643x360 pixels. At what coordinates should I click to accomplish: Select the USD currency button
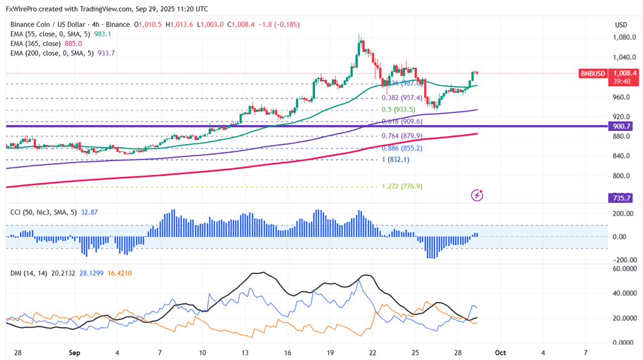[621, 25]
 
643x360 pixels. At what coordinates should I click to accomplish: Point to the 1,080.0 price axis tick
[624, 38]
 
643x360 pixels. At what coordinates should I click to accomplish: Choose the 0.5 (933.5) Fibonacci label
[399, 110]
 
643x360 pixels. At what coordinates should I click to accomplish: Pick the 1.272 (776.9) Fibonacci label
[402, 187]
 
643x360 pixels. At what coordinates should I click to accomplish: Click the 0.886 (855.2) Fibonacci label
[403, 148]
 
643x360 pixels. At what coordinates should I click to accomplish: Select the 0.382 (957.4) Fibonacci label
[403, 98]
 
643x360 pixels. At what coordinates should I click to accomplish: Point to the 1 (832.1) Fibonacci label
[395, 160]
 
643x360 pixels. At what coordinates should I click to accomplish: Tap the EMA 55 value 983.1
[102, 34]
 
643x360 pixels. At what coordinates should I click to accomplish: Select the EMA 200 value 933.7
[106, 53]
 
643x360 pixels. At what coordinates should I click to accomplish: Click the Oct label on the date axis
[500, 353]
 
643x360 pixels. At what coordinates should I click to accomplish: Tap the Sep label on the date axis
[74, 353]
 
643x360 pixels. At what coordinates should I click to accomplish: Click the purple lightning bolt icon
[478, 196]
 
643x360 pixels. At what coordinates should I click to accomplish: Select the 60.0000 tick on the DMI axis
[624, 269]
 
